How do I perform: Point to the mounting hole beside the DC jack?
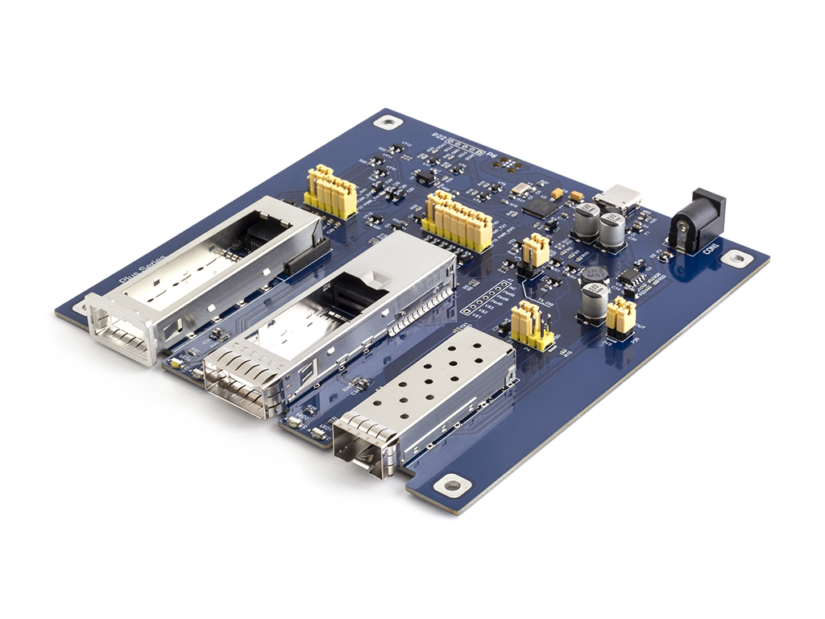point(736,258)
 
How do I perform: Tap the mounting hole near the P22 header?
point(390,123)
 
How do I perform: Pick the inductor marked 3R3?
point(595,275)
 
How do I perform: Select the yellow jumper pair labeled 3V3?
point(620,314)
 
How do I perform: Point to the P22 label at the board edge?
point(439,137)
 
